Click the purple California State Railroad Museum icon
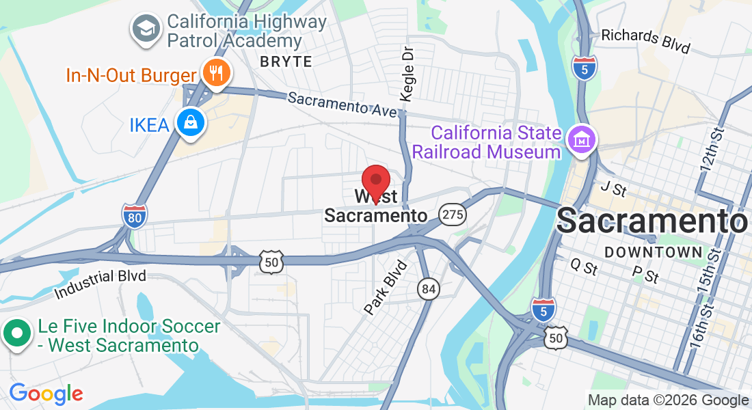(x=582, y=140)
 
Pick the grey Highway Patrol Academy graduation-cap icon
(x=146, y=29)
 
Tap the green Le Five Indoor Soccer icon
(x=17, y=335)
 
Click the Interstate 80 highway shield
(x=135, y=216)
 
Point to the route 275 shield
(x=453, y=214)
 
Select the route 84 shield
(x=429, y=290)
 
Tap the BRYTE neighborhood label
(x=286, y=61)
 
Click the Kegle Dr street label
(x=407, y=74)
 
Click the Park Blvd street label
(x=386, y=287)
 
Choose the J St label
(x=613, y=189)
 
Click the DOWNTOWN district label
(x=654, y=252)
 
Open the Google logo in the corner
(x=46, y=394)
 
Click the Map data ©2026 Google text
(x=668, y=400)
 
